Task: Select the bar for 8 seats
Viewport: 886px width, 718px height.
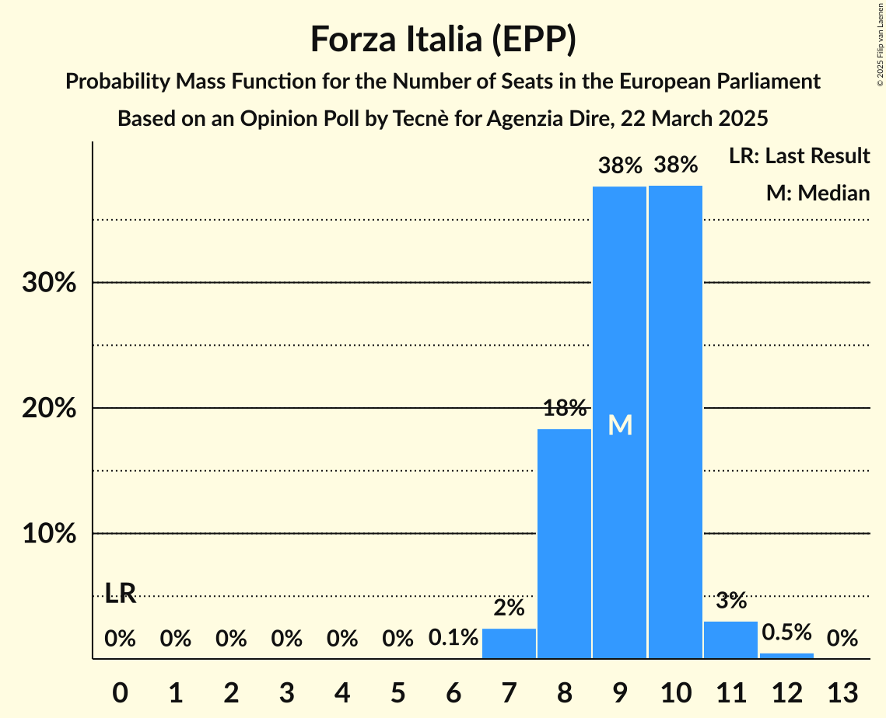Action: point(565,543)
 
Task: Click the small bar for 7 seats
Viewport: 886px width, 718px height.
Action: point(510,643)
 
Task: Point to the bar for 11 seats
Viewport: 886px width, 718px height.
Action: point(730,640)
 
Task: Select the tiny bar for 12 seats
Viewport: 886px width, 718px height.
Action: point(786,656)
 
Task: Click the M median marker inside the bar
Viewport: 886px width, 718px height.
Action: point(620,425)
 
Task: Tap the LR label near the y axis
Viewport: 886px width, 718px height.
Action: point(121,594)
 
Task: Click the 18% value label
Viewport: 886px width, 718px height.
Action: point(565,408)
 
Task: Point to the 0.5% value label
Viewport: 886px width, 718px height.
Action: point(786,632)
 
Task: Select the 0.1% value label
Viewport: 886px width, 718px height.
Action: point(454,639)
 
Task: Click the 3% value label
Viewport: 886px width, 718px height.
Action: point(730,601)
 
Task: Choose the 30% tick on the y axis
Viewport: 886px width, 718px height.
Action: point(49,283)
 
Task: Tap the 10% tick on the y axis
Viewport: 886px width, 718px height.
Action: point(49,535)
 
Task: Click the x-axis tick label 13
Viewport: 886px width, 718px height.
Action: point(842,692)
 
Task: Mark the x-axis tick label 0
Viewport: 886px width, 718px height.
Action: point(120,692)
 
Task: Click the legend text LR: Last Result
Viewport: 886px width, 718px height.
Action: point(799,156)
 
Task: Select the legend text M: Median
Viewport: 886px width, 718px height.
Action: point(818,193)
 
